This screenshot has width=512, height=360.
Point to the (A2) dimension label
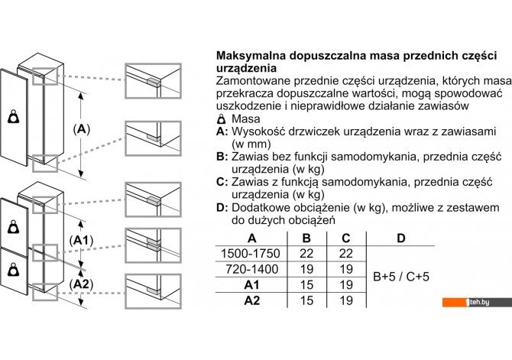click(81, 284)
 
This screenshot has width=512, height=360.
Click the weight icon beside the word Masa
click(222, 119)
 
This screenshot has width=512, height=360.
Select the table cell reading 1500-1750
click(251, 253)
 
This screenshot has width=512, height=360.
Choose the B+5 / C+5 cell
click(400, 276)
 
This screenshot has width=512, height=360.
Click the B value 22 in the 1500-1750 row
click(306, 253)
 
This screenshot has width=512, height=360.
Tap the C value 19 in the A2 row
click(345, 300)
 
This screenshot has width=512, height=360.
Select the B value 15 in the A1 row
click(306, 284)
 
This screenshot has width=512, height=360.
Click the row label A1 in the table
click(251, 284)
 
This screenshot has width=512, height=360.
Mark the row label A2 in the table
click(251, 300)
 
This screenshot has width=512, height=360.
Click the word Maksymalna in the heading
click(253, 57)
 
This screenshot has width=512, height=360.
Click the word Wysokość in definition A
click(259, 131)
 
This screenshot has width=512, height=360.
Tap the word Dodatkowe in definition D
click(262, 207)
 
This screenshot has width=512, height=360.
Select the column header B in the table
click(306, 238)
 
